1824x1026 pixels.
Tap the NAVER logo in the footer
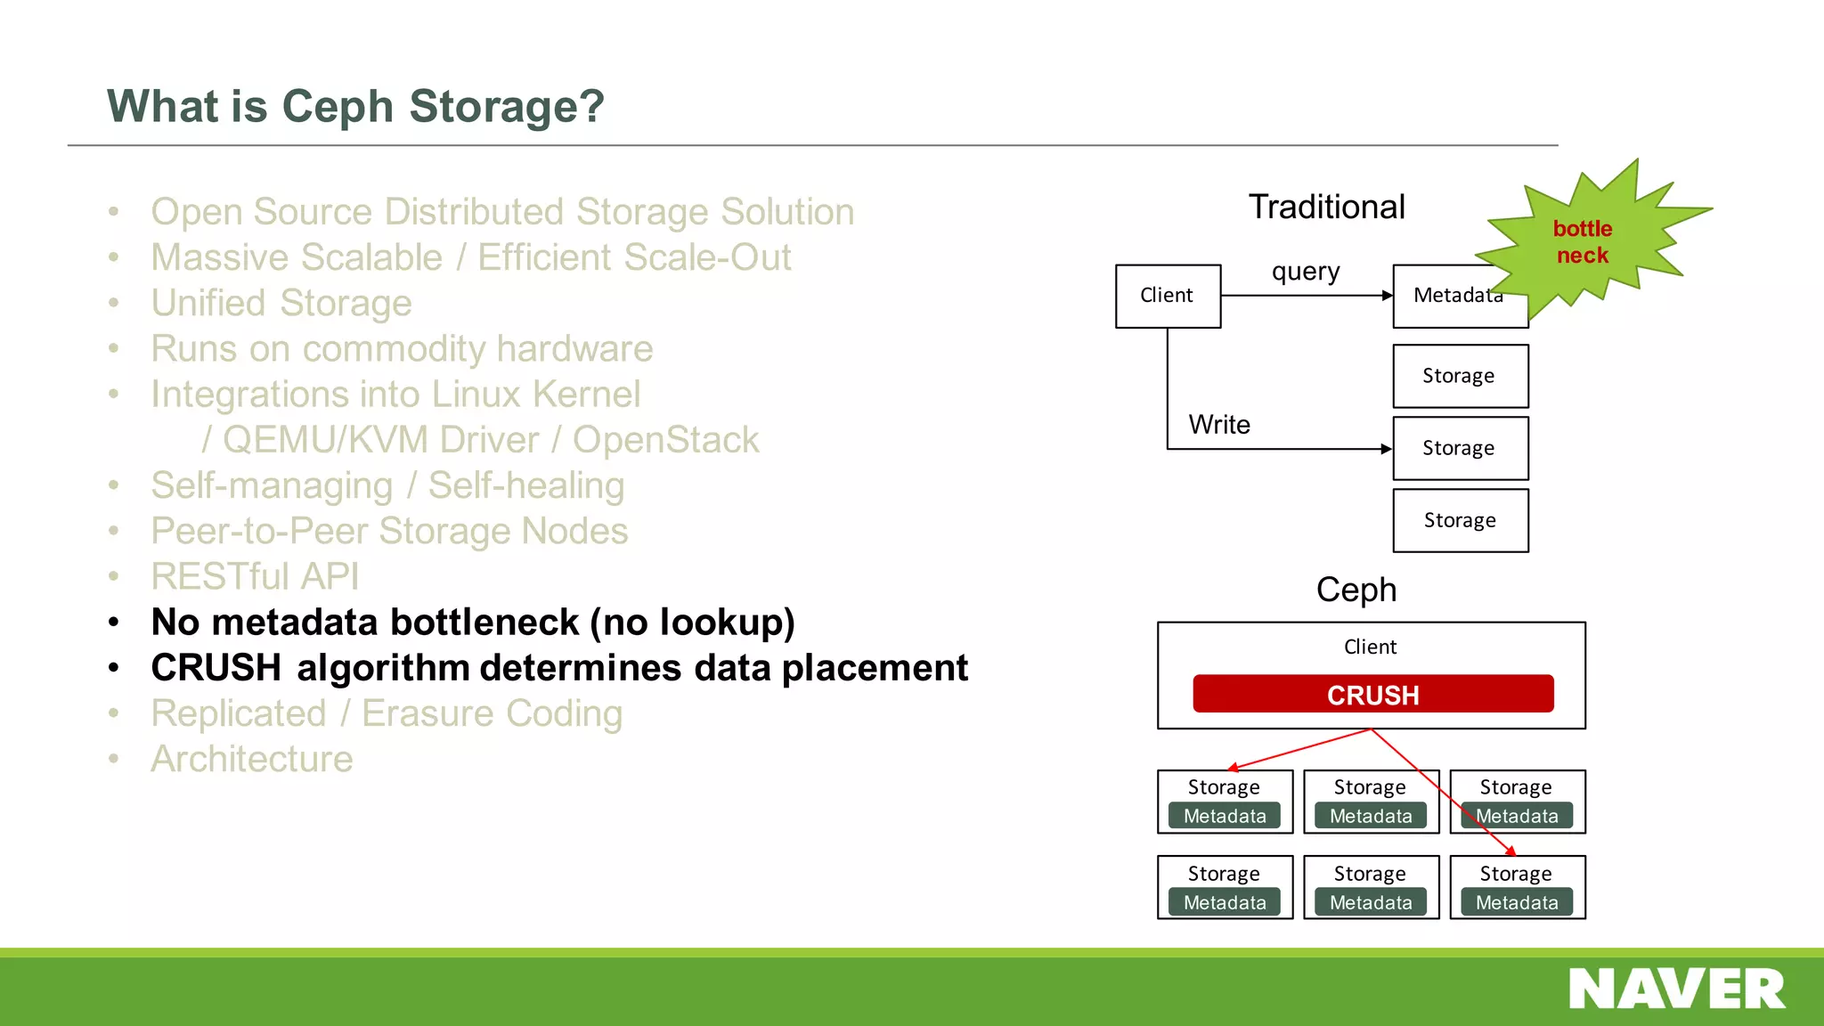(1676, 989)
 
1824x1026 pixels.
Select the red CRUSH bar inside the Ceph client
(1372, 694)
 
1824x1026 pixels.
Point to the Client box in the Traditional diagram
(1167, 296)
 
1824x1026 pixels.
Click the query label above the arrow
(1305, 271)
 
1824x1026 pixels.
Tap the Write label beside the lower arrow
(1218, 425)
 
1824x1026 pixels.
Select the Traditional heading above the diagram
(1326, 207)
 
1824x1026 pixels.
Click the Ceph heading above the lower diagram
(1356, 590)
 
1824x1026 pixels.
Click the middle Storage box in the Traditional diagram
(1460, 448)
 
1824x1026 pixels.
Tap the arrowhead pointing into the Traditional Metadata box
(1387, 296)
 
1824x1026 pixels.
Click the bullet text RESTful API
(255, 576)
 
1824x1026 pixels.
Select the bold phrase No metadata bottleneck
(365, 622)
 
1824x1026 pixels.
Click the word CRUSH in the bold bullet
(216, 668)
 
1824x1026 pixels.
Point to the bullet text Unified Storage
(281, 303)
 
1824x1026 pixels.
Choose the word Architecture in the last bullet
(252, 759)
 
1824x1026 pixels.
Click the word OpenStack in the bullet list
(665, 440)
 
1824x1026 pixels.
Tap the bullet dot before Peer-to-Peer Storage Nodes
(113, 532)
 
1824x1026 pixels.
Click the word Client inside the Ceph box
(1370, 647)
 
